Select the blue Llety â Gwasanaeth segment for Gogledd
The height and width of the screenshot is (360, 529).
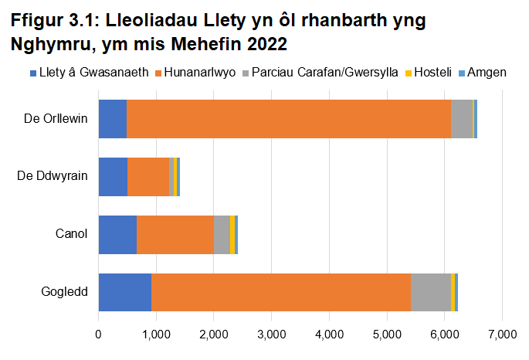pos(124,292)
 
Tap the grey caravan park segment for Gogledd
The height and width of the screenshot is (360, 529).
pos(430,292)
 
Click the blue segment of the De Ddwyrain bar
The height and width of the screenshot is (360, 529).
pos(113,176)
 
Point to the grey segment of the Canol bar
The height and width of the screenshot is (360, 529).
pos(222,234)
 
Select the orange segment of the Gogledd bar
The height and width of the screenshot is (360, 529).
pos(280,292)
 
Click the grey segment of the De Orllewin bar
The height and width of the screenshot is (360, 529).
pos(461,119)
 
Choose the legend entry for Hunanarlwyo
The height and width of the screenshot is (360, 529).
pos(200,73)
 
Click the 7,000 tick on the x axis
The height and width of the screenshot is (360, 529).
pos(502,335)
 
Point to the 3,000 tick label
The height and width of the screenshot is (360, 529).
pos(271,335)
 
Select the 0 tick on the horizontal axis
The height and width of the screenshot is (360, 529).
pos(98,335)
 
